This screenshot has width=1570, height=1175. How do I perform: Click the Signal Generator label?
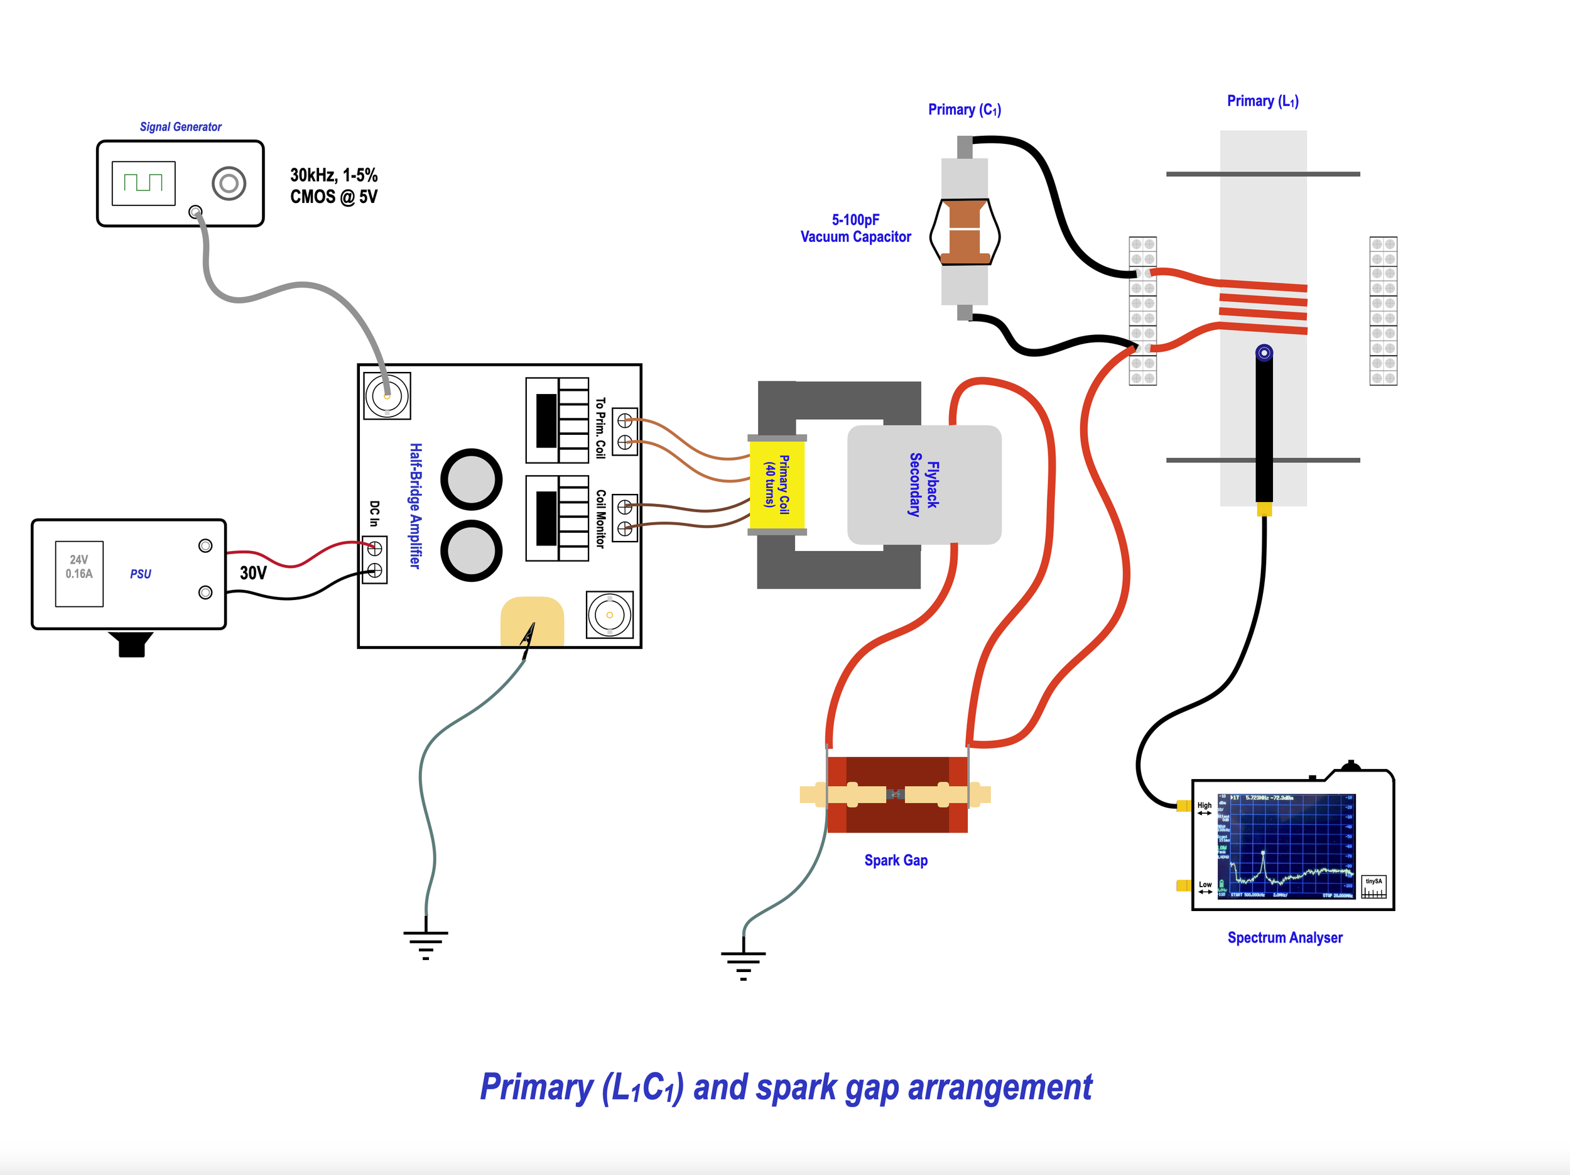pos(180,126)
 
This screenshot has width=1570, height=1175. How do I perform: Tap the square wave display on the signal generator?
pos(143,183)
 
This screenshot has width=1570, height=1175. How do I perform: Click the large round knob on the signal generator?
pos(229,183)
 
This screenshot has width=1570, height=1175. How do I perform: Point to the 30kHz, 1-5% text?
pos(333,175)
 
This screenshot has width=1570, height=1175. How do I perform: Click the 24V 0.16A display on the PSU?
pos(78,573)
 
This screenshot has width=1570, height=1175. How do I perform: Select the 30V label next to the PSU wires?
pos(252,573)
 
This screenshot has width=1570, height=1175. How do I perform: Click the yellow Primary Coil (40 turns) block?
pos(777,485)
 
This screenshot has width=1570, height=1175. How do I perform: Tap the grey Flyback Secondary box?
pos(924,485)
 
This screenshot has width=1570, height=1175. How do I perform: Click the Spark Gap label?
pos(896,860)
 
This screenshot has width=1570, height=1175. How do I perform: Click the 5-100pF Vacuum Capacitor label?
pos(855,228)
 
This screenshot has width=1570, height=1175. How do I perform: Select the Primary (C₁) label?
pos(964,109)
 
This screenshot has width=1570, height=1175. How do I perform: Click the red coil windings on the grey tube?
pos(1264,307)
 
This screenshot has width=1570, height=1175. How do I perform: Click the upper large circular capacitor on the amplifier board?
pos(471,479)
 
